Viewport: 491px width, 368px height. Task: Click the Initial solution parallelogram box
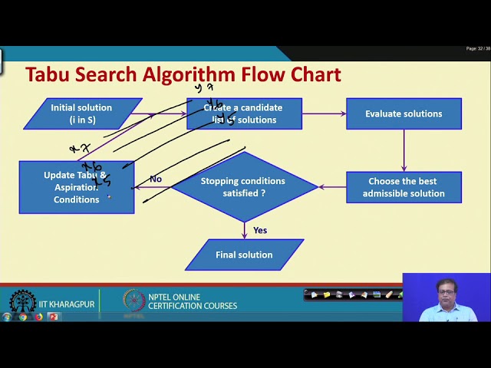point(82,113)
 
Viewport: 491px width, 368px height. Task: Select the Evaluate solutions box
point(404,113)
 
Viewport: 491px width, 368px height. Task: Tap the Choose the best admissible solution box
point(404,187)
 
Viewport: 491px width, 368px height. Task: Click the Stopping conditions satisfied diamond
point(244,187)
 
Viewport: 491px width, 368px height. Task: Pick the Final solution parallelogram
point(244,255)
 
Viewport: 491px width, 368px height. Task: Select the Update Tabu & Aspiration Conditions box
point(76,187)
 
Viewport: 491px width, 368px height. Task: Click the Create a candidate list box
point(244,113)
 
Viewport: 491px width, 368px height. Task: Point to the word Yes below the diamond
point(260,230)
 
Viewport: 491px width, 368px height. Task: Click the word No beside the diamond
point(156,179)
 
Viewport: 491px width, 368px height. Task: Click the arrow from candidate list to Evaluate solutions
point(324,113)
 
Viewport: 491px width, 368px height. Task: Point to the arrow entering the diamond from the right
point(331,187)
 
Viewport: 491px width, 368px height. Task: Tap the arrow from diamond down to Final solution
point(244,230)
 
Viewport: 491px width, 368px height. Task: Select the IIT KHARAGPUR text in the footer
point(67,304)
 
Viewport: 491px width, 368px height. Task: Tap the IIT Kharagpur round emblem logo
point(22,302)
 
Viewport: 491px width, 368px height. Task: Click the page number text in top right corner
point(477,48)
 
